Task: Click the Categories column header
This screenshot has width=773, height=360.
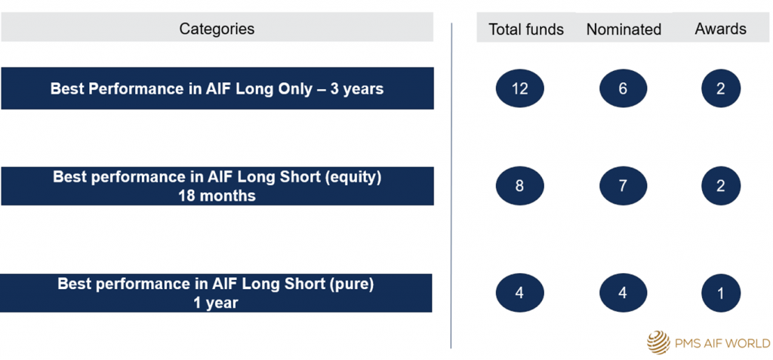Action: click(217, 29)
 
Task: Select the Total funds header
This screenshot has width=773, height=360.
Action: click(526, 29)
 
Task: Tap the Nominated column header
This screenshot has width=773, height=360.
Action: click(624, 29)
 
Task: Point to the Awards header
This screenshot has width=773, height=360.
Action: click(720, 29)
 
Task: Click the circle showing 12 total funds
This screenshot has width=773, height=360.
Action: click(519, 89)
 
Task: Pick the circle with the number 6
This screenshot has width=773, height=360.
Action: click(623, 89)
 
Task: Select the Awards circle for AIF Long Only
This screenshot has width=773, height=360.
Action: click(721, 89)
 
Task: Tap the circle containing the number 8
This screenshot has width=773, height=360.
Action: click(519, 186)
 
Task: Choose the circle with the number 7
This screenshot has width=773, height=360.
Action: click(623, 186)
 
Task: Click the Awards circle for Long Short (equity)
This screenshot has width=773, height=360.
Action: click(721, 186)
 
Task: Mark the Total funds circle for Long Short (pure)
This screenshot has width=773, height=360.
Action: click(519, 293)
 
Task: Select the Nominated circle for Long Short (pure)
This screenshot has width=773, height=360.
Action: click(623, 293)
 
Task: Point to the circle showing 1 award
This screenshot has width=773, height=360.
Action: click(721, 293)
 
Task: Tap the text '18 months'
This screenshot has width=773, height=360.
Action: click(217, 195)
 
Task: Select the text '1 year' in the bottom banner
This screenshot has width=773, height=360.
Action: click(216, 303)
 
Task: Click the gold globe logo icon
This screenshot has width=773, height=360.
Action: click(659, 342)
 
